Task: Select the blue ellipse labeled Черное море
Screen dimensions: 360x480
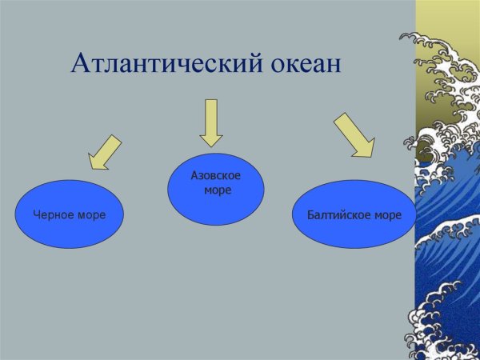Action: click(70, 214)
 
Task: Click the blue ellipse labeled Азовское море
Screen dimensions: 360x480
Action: click(215, 188)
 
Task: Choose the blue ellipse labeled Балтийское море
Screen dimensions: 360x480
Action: click(354, 214)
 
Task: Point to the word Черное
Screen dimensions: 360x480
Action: click(52, 214)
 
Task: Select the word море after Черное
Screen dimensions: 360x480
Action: click(90, 214)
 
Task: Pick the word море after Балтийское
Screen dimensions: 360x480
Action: click(384, 214)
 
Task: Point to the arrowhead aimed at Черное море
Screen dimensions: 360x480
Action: click(98, 162)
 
